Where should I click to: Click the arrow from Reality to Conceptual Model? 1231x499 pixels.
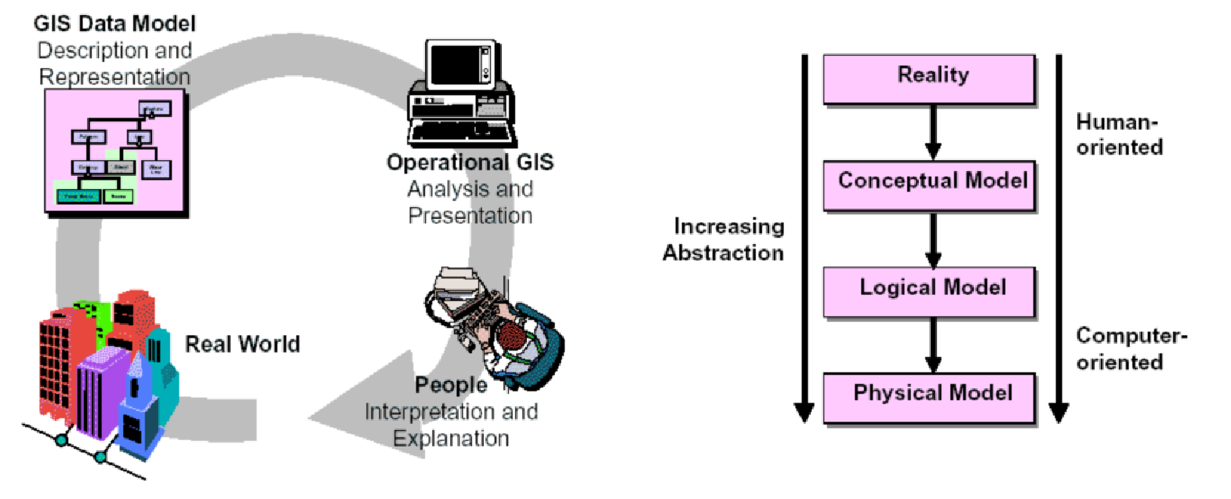point(933,132)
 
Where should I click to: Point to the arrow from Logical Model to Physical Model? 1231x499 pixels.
point(933,344)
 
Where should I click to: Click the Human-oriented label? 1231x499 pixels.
point(1119,134)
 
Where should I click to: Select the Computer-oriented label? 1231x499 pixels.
point(1130,348)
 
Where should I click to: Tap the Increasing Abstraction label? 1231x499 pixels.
point(724,239)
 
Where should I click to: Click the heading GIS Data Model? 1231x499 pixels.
point(114,24)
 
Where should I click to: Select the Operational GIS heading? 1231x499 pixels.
point(470,162)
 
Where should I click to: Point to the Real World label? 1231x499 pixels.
point(242,344)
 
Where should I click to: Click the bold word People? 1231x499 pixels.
point(451,385)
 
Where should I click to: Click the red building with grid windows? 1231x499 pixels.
point(59,353)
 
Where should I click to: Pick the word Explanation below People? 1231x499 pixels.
point(451,439)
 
